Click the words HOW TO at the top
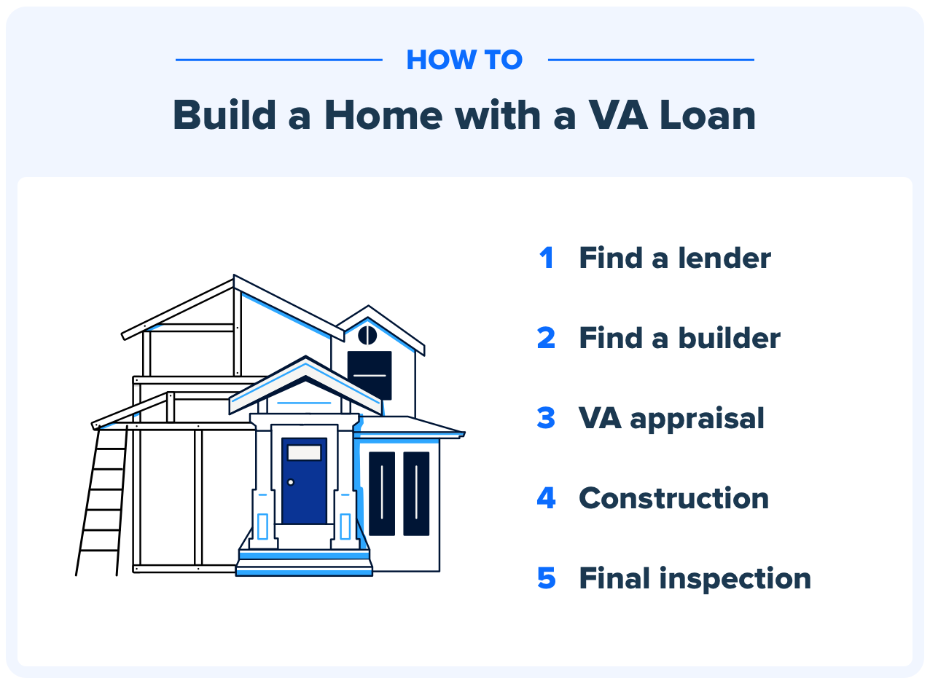(464, 60)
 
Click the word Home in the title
(383, 115)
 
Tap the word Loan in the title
(704, 115)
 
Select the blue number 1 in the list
(547, 258)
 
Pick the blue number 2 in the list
(546, 338)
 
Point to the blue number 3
(546, 418)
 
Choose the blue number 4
(546, 498)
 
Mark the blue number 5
(546, 578)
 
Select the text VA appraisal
(671, 418)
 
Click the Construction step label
(673, 498)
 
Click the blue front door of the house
(304, 488)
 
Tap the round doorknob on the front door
(291, 482)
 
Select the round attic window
(367, 335)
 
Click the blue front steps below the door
(304, 563)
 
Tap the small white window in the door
(304, 452)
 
